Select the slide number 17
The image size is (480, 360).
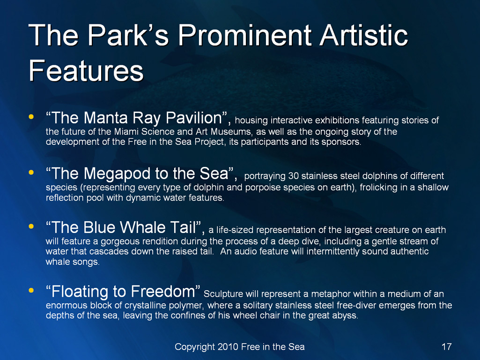[446, 346]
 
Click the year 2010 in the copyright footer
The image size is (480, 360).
[228, 346]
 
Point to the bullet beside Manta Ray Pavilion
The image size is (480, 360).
[31, 117]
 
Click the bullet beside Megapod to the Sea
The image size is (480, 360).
[31, 172]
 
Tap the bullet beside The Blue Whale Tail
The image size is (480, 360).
[31, 226]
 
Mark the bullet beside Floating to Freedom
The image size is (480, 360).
[31, 290]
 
